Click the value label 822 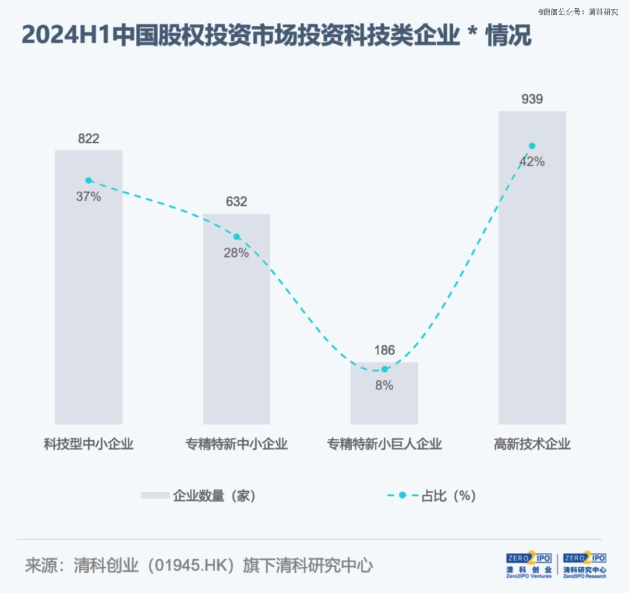[x=89, y=139]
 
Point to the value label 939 [x=532, y=99]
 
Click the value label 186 [x=384, y=351]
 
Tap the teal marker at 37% [x=89, y=181]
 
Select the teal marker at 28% [x=236, y=237]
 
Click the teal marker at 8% [x=384, y=369]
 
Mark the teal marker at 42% [x=532, y=146]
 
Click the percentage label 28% [x=236, y=253]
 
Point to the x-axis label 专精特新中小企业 [x=236, y=444]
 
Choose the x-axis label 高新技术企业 [x=532, y=444]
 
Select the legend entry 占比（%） [x=448, y=496]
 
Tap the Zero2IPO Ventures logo [x=529, y=565]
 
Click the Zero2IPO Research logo [x=584, y=565]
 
